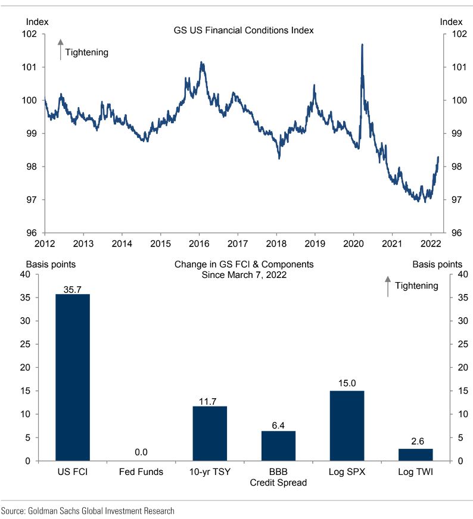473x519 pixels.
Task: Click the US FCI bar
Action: click(x=73, y=377)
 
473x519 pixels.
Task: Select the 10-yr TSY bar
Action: click(x=209, y=433)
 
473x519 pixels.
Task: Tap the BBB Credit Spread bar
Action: click(x=278, y=446)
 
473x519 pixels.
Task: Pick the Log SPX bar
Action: click(x=347, y=426)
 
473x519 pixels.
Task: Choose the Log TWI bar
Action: click(x=415, y=455)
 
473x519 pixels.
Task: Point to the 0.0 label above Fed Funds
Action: click(x=141, y=452)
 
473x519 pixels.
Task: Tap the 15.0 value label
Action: click(x=347, y=385)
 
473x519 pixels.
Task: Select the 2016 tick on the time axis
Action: click(x=199, y=243)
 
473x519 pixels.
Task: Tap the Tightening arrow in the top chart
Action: click(x=60, y=50)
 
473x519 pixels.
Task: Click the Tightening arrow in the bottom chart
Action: click(x=388, y=286)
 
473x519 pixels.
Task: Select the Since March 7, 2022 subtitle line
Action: click(x=244, y=275)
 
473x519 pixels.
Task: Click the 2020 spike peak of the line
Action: click(x=362, y=45)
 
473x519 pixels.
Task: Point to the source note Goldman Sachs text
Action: click(x=88, y=511)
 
